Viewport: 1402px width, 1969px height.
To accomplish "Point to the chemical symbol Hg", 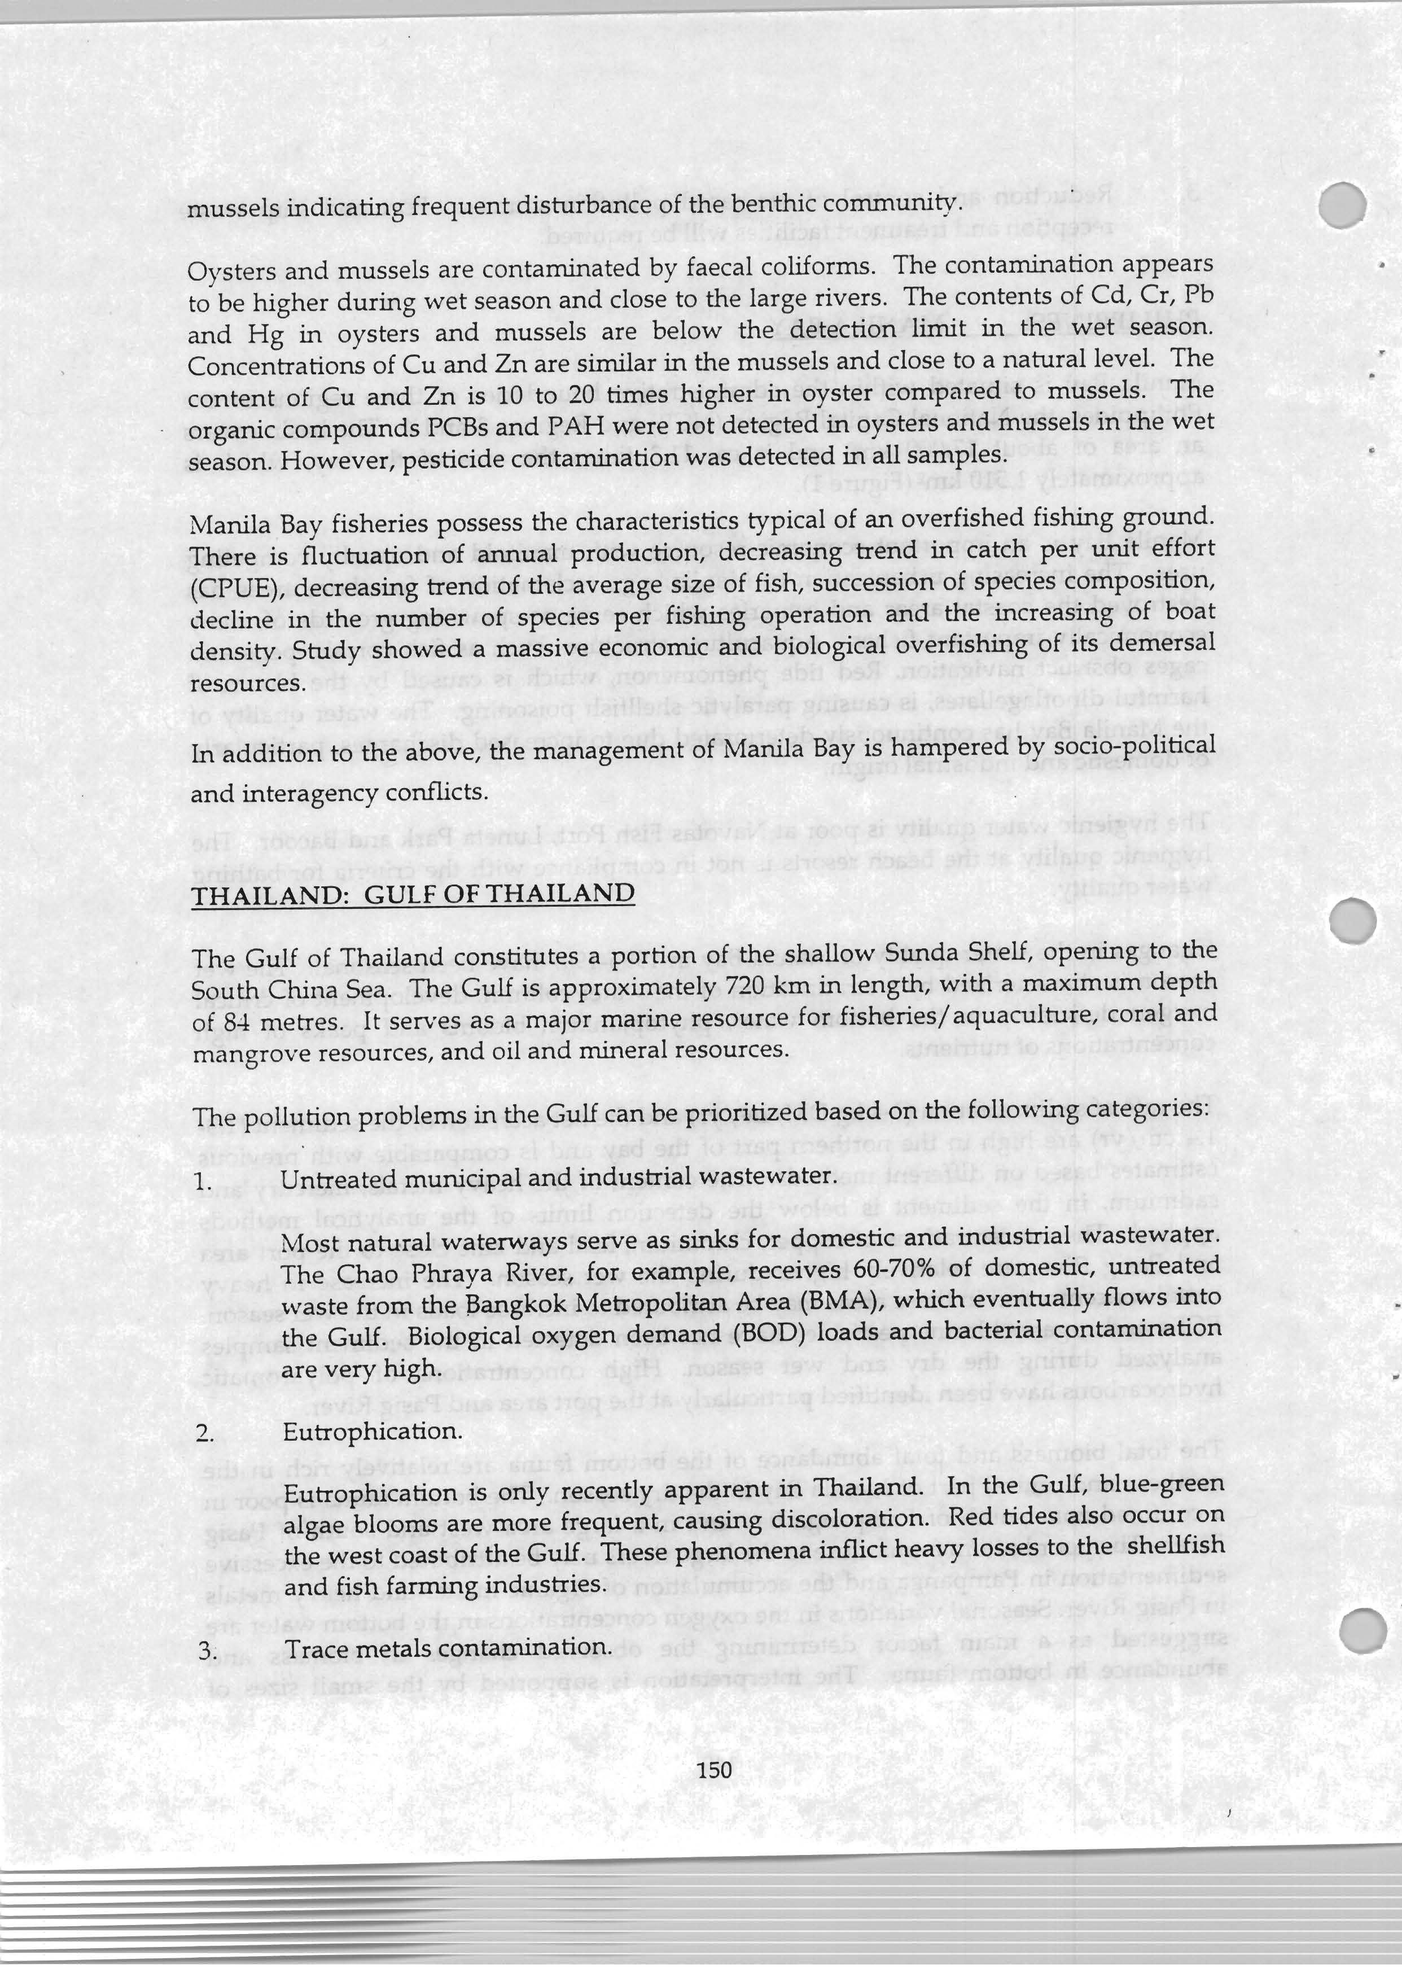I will tap(265, 334).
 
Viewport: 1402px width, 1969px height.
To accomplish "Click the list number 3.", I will tap(205, 1651).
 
